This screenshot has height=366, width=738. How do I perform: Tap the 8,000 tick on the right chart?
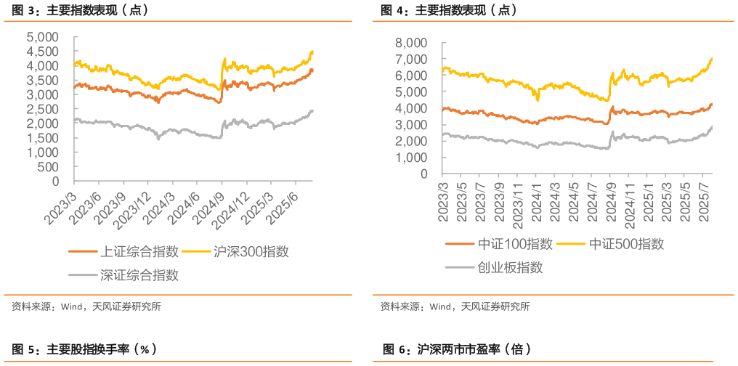(x=412, y=44)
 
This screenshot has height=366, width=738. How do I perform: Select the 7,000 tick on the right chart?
(x=412, y=60)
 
